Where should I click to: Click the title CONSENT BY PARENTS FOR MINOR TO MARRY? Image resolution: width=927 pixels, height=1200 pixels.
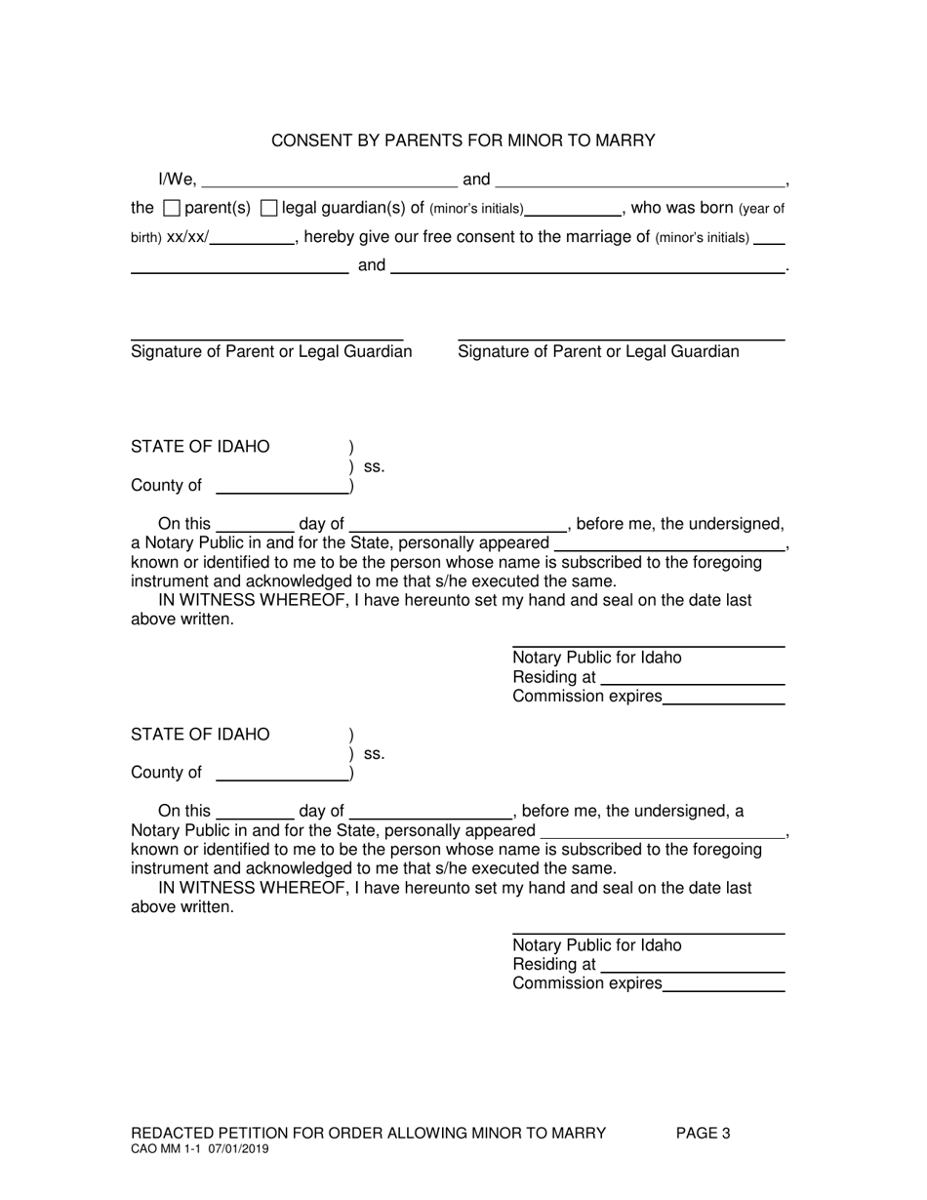pyautogui.click(x=463, y=140)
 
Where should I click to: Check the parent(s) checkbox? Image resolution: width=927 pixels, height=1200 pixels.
pyautogui.click(x=172, y=208)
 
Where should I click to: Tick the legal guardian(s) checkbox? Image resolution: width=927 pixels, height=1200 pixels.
pyautogui.click(x=269, y=208)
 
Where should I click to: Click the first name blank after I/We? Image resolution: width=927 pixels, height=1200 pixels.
pyautogui.click(x=329, y=180)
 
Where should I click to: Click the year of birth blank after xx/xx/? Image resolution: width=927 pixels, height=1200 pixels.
pyautogui.click(x=253, y=238)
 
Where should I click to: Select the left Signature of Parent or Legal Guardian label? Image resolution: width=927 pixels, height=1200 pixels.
pyautogui.click(x=271, y=351)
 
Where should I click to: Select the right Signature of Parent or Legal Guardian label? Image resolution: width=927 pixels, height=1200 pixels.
pyautogui.click(x=598, y=351)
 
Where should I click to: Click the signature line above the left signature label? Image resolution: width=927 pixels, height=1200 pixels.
pyautogui.click(x=266, y=338)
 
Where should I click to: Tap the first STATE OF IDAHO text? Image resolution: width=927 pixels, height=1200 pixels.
pyautogui.click(x=200, y=447)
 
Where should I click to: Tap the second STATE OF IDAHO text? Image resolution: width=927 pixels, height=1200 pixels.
pyautogui.click(x=200, y=734)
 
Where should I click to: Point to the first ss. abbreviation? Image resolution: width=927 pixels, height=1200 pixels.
pyautogui.click(x=374, y=466)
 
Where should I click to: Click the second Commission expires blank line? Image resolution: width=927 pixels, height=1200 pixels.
pyautogui.click(x=723, y=986)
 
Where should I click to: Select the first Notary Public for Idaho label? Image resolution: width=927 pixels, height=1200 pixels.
pyautogui.click(x=597, y=658)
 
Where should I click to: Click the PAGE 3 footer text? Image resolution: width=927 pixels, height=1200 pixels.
pyautogui.click(x=703, y=1133)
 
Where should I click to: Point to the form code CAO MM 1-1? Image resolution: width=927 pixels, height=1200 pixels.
pyautogui.click(x=165, y=1149)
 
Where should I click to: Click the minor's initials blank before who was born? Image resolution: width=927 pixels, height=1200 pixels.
pyautogui.click(x=573, y=210)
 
